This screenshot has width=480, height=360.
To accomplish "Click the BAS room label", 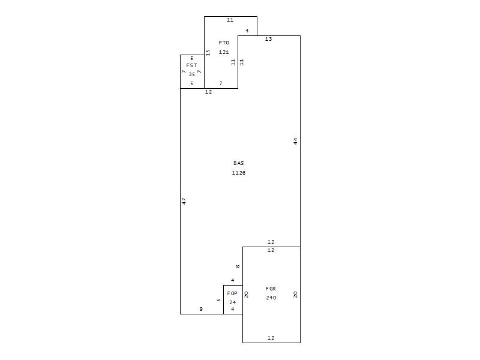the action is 238,163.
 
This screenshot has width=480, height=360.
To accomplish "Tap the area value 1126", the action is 238,173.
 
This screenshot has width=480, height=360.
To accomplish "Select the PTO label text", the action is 224,43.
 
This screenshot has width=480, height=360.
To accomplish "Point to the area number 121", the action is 224,52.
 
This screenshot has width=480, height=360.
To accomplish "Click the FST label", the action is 191,65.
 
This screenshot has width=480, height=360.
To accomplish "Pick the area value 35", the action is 191,74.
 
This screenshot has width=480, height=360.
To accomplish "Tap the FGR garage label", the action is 271,289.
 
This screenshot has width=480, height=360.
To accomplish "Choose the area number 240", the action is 271,298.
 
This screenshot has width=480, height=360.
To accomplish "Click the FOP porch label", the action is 232,293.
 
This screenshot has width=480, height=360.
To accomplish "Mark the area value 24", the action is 233,302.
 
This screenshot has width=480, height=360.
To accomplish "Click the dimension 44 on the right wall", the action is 295,142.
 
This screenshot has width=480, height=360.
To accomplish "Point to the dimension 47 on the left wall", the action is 184,202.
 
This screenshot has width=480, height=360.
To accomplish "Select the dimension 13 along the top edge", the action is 268,39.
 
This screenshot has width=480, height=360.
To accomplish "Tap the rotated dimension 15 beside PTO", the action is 208,53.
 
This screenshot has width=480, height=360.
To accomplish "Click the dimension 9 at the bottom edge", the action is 201,309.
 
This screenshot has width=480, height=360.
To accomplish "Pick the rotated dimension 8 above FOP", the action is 238,266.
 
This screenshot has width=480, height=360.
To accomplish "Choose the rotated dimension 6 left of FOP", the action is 218,300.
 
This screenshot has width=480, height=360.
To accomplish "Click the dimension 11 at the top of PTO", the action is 230,20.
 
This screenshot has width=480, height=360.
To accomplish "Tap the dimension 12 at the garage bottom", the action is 271,338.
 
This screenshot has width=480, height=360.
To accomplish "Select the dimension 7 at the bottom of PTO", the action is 221,83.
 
